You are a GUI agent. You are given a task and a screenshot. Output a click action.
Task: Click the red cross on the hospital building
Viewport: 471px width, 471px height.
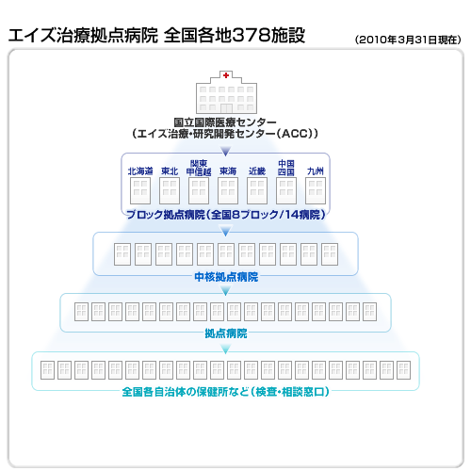click(x=226, y=75)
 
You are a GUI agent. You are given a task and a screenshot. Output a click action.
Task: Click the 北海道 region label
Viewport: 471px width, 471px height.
click(x=140, y=171)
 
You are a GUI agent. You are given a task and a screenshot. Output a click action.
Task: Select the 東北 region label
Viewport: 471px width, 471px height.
click(x=170, y=171)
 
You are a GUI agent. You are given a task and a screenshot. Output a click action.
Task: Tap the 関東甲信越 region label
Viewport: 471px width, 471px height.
click(x=199, y=168)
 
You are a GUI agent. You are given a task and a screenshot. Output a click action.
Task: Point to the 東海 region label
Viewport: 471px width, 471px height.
click(x=228, y=171)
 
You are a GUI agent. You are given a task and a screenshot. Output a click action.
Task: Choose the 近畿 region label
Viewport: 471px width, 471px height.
click(x=257, y=171)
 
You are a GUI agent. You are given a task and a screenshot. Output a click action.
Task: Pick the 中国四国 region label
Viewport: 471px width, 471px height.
click(x=286, y=168)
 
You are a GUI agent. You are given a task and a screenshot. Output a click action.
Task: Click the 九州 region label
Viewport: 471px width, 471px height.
click(x=316, y=171)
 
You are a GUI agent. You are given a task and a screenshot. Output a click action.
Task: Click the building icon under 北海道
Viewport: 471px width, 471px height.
click(x=140, y=190)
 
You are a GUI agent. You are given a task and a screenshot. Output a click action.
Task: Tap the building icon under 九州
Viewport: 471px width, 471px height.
click(x=316, y=190)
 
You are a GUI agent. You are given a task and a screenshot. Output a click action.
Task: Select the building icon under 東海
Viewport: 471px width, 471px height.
click(x=228, y=190)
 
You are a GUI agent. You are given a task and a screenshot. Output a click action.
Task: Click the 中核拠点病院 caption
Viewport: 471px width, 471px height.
click(x=226, y=277)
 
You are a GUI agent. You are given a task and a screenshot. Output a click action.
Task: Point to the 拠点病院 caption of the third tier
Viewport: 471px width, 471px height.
click(x=226, y=333)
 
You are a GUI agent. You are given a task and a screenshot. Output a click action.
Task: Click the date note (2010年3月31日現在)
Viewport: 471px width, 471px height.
click(x=408, y=40)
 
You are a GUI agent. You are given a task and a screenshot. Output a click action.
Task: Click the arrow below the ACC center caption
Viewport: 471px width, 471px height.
click(x=225, y=151)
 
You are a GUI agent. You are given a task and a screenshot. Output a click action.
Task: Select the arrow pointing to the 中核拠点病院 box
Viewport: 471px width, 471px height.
click(x=225, y=232)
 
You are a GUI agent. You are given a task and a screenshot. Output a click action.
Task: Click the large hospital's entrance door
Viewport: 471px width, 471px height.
click(x=226, y=108)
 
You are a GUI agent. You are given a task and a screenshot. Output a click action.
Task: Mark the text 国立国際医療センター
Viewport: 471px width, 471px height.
click(x=225, y=122)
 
